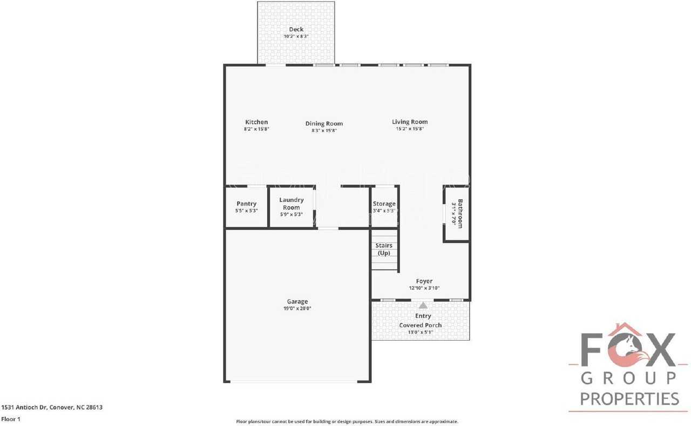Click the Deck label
point(296,30)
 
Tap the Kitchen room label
point(256,122)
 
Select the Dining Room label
point(324,124)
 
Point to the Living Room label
point(410,122)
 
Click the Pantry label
point(246,204)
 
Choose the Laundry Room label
point(292,204)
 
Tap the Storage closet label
point(384,204)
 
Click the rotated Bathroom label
point(460,213)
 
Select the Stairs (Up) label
point(384,249)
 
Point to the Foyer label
point(424,281)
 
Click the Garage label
point(297,302)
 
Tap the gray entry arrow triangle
point(423,306)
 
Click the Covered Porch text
point(420,325)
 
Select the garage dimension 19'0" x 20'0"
point(297,309)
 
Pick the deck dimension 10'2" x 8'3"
point(296,37)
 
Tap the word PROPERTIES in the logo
point(629,399)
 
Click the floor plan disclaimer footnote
point(347,421)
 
